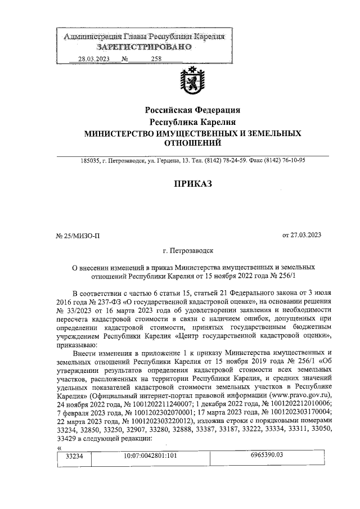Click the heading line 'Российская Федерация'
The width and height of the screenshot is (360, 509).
point(192,110)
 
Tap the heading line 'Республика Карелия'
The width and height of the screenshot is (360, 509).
point(192,121)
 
